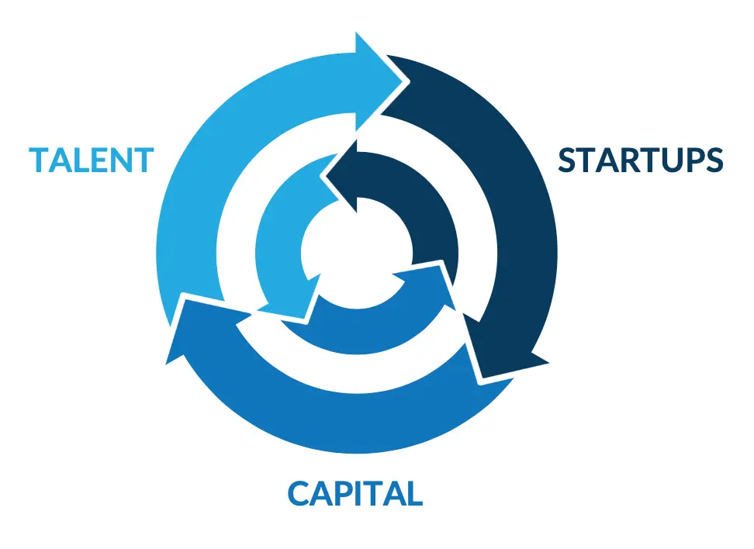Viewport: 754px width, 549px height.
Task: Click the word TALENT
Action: coord(92,160)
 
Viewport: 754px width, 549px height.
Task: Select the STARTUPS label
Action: coord(641,160)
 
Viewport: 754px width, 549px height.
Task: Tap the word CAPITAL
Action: coord(355,493)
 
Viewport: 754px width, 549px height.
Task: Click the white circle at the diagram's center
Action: coord(356,253)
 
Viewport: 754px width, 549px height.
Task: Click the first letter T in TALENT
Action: coord(39,160)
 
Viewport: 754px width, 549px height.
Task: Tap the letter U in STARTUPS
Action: coord(672,161)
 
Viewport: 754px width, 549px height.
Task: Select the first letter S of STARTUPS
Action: coord(567,160)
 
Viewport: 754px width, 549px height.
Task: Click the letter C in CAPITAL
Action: coord(298,493)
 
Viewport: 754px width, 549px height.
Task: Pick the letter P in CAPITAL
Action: coord(342,493)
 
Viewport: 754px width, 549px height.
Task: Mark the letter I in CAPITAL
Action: coord(358,493)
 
